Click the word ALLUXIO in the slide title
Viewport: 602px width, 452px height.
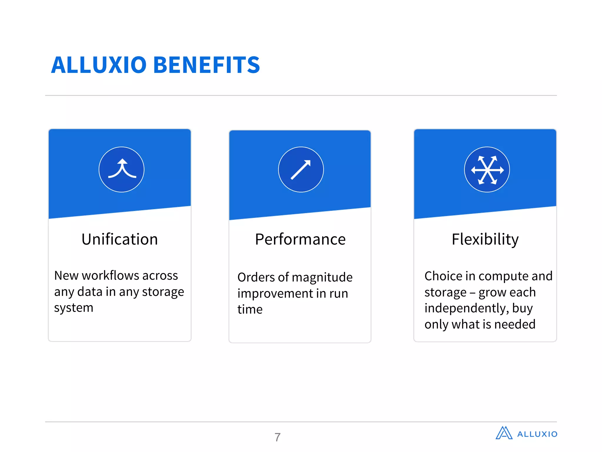[99, 65]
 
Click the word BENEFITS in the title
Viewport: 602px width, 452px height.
[207, 65]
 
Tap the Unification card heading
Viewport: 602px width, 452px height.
[120, 239]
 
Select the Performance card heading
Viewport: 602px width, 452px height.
[300, 239]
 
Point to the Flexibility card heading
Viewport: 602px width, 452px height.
[485, 239]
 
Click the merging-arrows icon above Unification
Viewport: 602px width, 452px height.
[121, 169]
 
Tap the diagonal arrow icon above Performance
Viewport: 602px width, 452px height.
[301, 169]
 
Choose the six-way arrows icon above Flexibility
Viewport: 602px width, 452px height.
[487, 169]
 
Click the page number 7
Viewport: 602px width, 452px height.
[277, 437]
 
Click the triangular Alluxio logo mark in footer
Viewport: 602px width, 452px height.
[504, 433]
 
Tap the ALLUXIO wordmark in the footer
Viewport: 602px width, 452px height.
[537, 434]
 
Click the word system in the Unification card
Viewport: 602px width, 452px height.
[73, 308]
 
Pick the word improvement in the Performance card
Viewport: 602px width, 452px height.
[275, 294]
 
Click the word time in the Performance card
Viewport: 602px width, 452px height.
[250, 310]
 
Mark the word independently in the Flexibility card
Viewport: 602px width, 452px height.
[466, 308]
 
